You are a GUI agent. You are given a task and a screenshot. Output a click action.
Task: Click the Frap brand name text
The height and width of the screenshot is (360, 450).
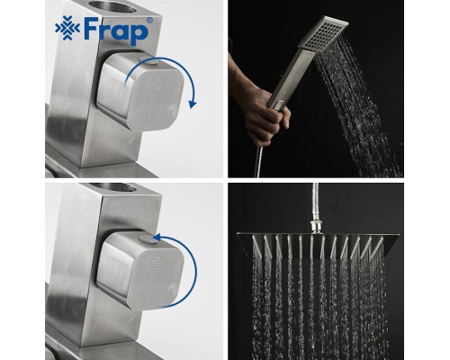116,31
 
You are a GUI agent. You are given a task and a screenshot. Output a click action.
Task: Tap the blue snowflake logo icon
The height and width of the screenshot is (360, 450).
67,29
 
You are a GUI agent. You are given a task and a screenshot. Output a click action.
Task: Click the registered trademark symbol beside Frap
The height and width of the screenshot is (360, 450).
149,21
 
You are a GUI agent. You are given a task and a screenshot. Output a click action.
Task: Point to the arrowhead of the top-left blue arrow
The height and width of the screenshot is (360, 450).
193,104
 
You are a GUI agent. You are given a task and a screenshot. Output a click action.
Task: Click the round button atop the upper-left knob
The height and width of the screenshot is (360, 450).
148,61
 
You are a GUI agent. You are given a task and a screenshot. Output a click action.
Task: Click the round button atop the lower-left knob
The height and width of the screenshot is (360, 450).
148,239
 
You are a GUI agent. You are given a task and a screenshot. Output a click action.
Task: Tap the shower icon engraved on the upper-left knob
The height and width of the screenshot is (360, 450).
156,85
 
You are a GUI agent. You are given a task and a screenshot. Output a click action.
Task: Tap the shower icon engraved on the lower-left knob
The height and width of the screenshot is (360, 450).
156,264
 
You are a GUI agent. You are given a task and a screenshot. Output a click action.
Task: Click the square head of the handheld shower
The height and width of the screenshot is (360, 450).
323,33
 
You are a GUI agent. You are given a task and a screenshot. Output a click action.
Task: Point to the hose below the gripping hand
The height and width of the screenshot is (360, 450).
258,162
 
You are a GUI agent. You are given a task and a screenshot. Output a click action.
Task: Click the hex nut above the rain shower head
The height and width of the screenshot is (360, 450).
317,227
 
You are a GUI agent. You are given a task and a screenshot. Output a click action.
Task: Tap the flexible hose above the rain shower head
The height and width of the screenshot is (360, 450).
315,202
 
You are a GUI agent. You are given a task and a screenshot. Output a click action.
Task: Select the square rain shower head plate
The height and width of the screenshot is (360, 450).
318,245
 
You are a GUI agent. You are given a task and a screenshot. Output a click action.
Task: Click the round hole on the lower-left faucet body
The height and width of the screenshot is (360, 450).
113,187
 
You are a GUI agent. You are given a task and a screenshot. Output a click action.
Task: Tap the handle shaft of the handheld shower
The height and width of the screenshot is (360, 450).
292,79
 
